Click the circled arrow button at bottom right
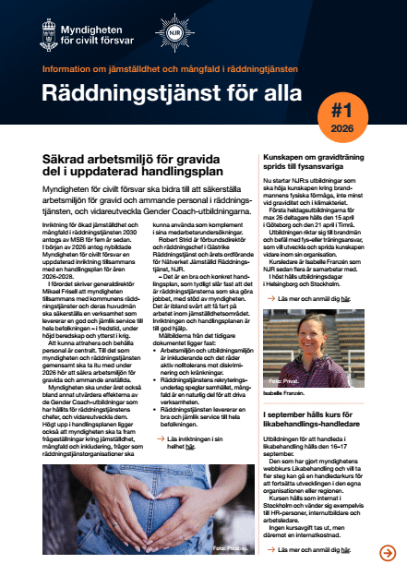pyautogui.click(x=388, y=553)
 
